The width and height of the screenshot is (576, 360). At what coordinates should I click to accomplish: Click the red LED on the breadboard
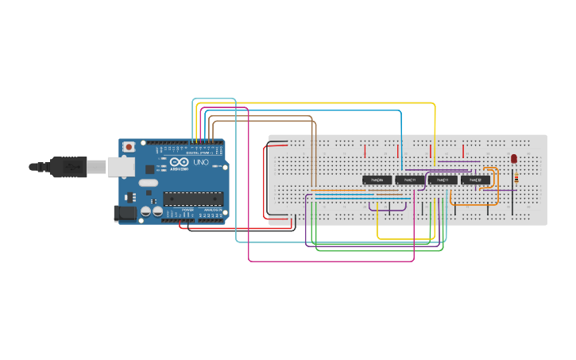pos(514,158)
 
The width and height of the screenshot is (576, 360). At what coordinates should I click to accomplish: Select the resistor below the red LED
pos(517,178)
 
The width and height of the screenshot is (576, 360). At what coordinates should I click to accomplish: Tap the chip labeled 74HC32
pos(475,180)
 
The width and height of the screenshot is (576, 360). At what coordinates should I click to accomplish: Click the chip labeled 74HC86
pos(377,180)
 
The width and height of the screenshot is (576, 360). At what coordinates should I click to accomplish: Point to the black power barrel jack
pos(126,212)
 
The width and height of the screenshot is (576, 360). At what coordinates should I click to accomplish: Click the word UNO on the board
pos(200,163)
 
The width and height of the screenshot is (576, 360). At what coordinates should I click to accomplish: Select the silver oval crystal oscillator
pos(148,183)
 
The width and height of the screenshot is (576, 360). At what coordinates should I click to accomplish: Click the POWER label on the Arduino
pos(187,220)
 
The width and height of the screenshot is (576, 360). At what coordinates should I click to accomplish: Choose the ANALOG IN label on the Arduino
pos(211,220)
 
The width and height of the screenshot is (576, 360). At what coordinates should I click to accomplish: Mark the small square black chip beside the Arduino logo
pos(149,168)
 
